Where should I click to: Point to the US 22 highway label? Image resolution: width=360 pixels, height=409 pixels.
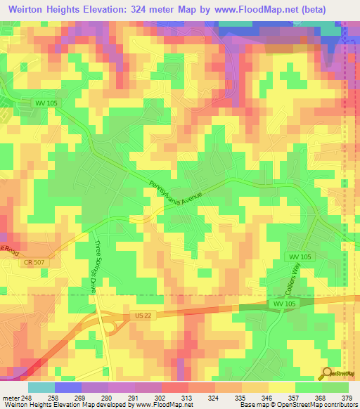139,318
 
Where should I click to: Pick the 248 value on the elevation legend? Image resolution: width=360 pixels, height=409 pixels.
27,397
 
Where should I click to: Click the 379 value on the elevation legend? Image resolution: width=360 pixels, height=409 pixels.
347,397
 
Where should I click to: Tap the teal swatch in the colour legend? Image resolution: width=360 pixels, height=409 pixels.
41,387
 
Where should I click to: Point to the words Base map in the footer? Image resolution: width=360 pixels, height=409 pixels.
251,405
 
